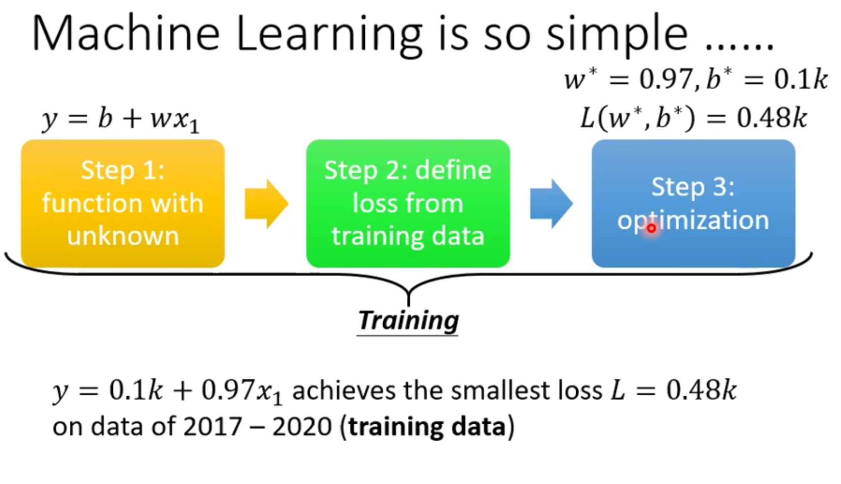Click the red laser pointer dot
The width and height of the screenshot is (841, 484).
click(x=651, y=228)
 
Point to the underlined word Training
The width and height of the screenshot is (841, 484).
click(x=408, y=321)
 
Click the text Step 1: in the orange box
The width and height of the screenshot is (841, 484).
click(x=122, y=170)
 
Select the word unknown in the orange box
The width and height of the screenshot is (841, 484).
click(x=122, y=236)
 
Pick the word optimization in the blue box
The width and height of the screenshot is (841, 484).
click(x=693, y=220)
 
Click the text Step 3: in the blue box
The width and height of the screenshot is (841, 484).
click(x=693, y=187)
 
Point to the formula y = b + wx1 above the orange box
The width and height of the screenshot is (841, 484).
click(x=120, y=120)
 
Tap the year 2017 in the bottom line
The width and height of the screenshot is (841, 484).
click(x=212, y=426)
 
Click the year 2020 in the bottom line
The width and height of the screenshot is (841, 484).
click(x=302, y=426)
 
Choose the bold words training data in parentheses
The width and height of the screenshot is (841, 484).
click(x=427, y=426)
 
